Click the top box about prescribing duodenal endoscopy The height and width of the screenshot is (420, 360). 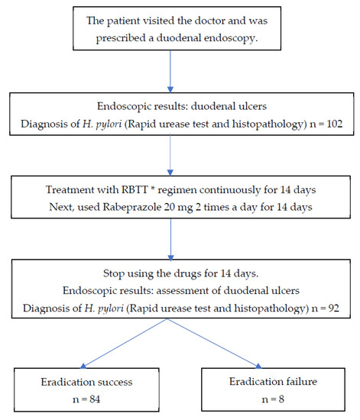pos(180,35)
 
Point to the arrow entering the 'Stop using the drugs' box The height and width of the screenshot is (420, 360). pos(180,260)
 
